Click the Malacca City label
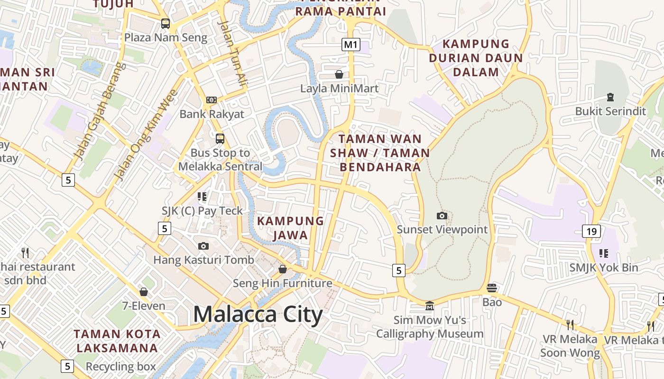pos(258,315)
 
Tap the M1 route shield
pos(350,45)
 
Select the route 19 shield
pos(591,231)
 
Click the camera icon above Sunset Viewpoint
pos(442,216)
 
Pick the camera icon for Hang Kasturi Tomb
pos(203,246)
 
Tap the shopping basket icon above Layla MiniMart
pos(339,74)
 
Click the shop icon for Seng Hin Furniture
pos(283,269)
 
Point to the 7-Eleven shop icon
pos(144,292)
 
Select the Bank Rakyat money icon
pos(212,100)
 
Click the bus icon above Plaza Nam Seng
pos(165,23)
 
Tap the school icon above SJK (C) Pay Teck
pos(203,196)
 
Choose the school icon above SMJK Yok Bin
pos(603,253)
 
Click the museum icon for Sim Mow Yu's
pos(430,306)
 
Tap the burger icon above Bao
pos(492,288)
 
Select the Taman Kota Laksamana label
pos(117,341)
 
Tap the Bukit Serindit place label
pos(610,111)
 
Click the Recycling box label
pos(120,367)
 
